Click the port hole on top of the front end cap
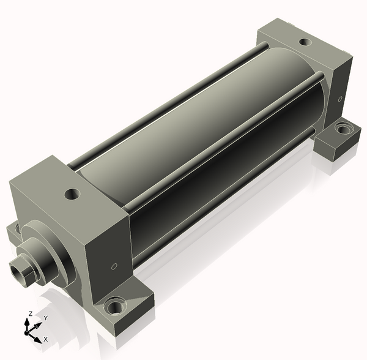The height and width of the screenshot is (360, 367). [x=72, y=194]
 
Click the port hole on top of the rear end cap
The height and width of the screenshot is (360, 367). [x=305, y=42]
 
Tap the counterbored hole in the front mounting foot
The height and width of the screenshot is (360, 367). [x=115, y=306]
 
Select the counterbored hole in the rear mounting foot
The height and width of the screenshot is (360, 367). [x=343, y=129]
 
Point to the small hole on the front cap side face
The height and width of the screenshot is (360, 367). [x=114, y=266]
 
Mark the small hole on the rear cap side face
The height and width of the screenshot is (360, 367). [x=340, y=99]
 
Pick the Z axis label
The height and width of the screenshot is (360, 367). [x=30, y=313]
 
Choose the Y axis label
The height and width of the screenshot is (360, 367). [x=46, y=318]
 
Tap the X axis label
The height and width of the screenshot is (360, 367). [x=46, y=339]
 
